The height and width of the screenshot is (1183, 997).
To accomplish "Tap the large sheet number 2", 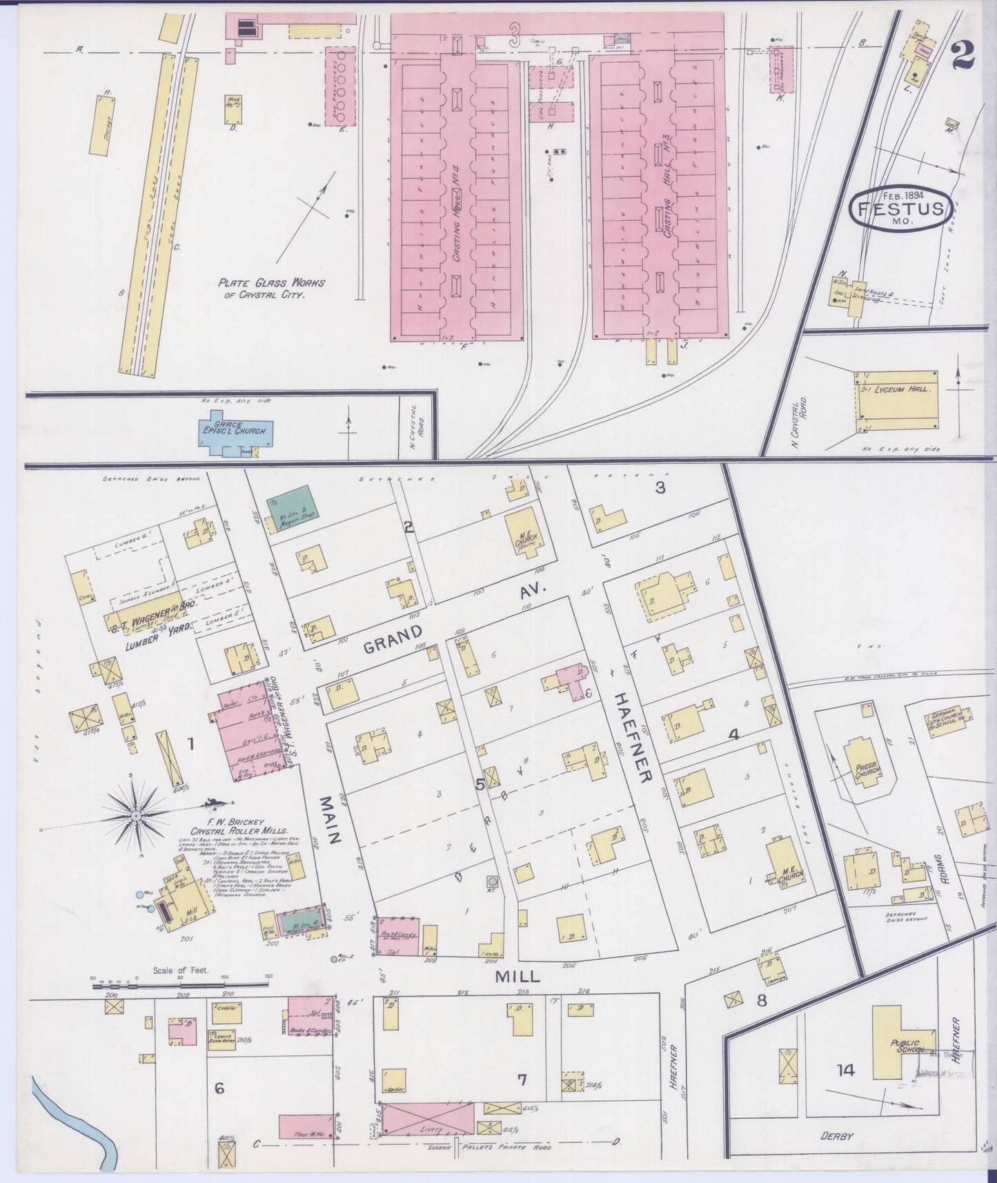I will pos(962,55).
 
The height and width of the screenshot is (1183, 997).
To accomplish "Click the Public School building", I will pos(904,1042).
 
